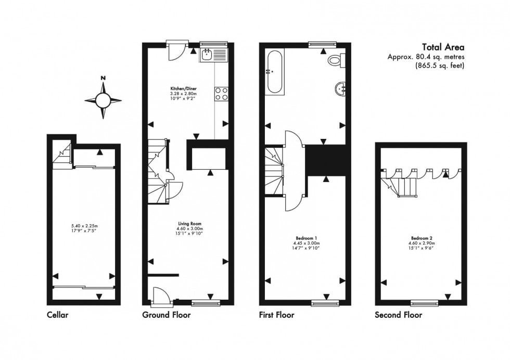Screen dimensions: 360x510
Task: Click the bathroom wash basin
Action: tap(342, 89)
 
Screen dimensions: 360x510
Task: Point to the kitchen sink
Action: tap(208, 54)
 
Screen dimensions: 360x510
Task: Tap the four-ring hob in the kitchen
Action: tap(221, 93)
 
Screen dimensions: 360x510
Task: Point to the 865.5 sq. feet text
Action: tap(439, 66)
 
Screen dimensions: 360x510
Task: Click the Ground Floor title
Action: tap(166, 315)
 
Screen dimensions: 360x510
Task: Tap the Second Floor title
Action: tap(398, 315)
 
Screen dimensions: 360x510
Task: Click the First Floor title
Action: tap(276, 315)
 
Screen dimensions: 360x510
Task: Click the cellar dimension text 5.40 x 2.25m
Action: tap(83, 225)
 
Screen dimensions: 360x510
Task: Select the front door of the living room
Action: tap(156, 295)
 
